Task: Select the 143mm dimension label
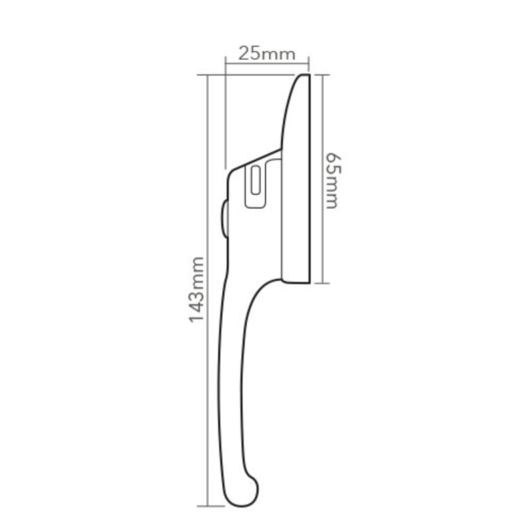(198, 289)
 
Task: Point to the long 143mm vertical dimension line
(208, 399)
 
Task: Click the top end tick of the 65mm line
(323, 74)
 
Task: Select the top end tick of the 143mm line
(208, 75)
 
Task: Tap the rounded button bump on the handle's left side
(224, 217)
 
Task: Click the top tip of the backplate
(305, 76)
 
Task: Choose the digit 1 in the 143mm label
(198, 317)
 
